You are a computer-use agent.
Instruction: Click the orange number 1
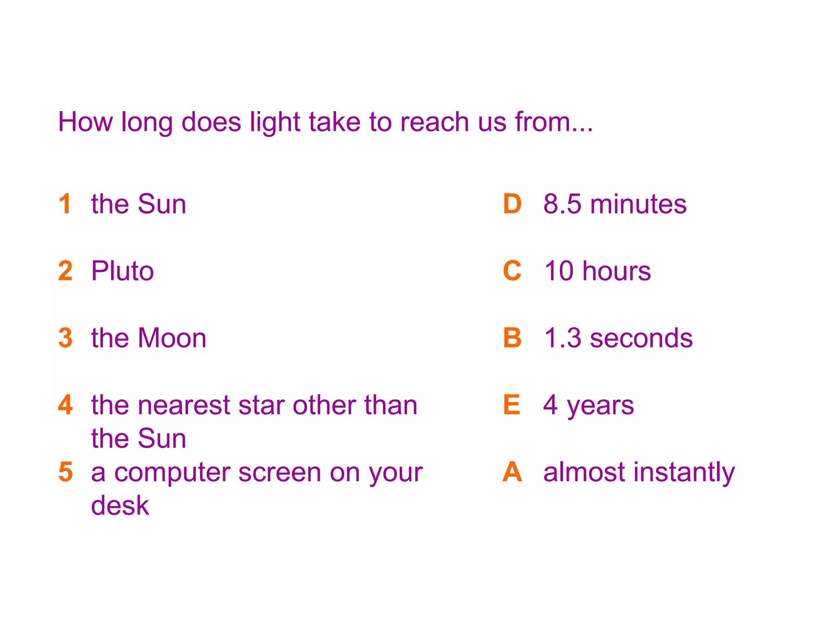point(65,204)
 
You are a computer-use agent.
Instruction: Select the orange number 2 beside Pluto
point(65,271)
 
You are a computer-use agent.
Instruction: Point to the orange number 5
point(65,472)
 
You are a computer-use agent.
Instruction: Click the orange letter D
point(512,204)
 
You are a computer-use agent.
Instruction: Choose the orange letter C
point(512,271)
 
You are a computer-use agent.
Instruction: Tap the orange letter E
point(512,405)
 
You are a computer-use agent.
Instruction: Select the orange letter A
point(512,472)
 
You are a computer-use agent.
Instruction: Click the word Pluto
point(122,271)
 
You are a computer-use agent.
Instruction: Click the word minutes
point(638,204)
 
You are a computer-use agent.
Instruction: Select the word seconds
point(641,339)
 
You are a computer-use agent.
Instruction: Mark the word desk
point(120,505)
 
